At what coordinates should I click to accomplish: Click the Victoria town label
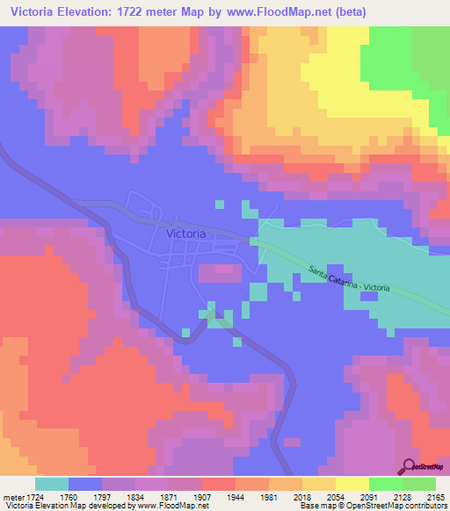[x=185, y=234]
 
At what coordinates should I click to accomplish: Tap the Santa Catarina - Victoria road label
[x=350, y=278]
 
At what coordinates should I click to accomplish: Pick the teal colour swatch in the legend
[x=52, y=484]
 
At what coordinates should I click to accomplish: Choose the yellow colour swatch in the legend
[x=352, y=484]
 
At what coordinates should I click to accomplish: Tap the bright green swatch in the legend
[x=386, y=484]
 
